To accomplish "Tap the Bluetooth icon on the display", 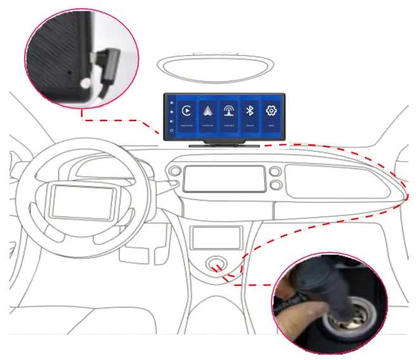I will click(249, 112).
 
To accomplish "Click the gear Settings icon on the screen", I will click(272, 111).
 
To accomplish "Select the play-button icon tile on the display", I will click(187, 111).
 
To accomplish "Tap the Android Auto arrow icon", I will click(209, 111).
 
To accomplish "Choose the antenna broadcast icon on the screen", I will click(229, 112).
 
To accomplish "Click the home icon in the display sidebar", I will click(171, 102).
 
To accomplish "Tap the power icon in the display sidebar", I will click(171, 130).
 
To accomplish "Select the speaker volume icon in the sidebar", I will click(171, 120).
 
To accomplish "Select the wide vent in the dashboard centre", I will click(223, 179).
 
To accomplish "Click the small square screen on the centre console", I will click(216, 238).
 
